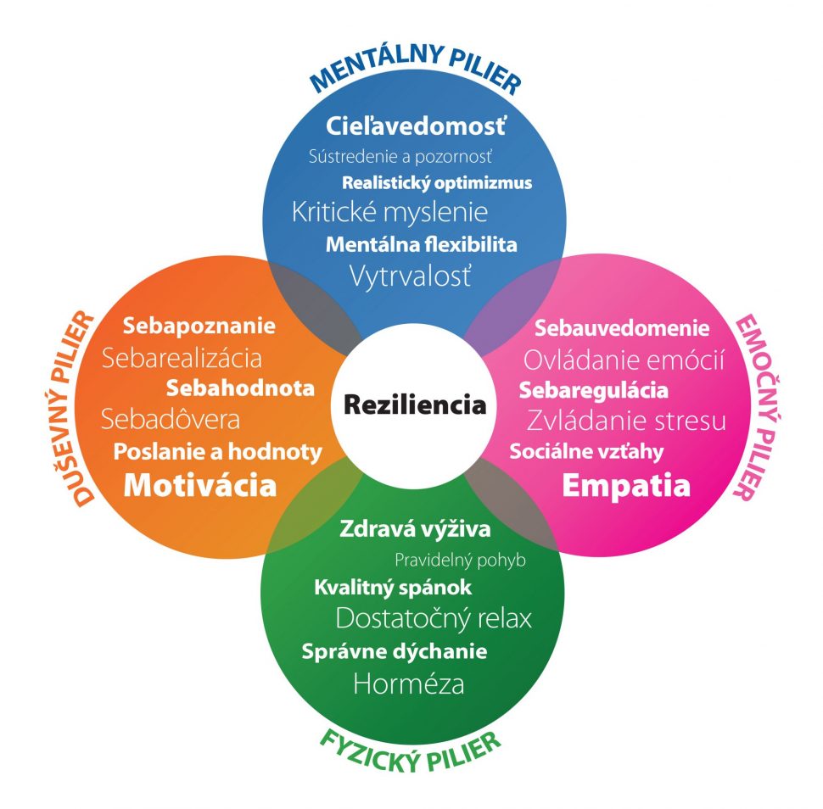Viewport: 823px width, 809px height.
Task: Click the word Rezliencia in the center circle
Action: click(414, 404)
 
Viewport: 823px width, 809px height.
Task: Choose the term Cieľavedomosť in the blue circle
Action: click(416, 127)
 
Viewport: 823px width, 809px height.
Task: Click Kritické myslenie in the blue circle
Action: click(389, 211)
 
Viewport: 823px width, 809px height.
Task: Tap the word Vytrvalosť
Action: click(410, 275)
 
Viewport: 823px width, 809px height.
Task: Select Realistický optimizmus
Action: click(437, 182)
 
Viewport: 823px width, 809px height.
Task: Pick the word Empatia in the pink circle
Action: click(626, 486)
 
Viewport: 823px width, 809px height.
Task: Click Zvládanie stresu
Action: click(626, 420)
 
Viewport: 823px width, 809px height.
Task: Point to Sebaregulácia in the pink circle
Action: click(593, 390)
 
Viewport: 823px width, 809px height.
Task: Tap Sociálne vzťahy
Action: click(586, 450)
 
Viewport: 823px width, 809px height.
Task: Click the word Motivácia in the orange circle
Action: click(200, 486)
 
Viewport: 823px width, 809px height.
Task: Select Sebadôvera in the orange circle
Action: click(170, 419)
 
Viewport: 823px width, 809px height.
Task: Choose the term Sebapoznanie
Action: click(199, 325)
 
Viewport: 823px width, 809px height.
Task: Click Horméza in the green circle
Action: click(409, 683)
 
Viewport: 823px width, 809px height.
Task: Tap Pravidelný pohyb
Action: click(461, 560)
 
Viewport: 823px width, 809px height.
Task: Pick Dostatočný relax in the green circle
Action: click(434, 618)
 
